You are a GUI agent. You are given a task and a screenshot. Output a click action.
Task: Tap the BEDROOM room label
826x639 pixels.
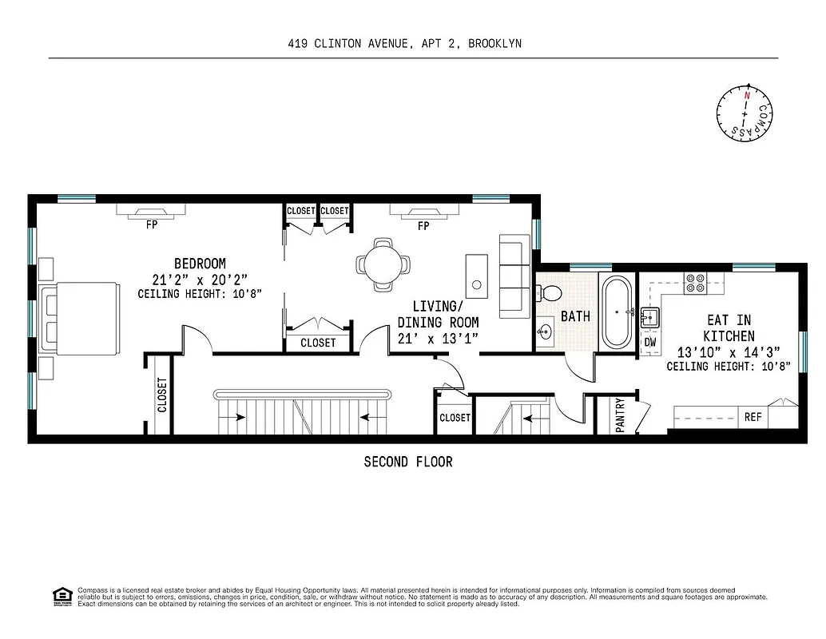[200, 264]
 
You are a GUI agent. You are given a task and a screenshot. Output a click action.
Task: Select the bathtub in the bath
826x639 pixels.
[616, 312]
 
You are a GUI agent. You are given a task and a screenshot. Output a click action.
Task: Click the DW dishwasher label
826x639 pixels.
[650, 342]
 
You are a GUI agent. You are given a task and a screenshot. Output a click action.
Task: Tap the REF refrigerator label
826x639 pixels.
[753, 417]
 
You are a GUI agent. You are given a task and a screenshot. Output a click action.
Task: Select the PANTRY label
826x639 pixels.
[620, 415]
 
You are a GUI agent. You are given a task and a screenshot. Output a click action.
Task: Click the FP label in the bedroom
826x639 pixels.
[151, 226]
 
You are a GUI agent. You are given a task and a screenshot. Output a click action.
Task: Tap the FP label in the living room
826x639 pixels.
[423, 226]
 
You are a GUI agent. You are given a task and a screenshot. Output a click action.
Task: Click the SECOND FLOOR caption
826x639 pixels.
[407, 462]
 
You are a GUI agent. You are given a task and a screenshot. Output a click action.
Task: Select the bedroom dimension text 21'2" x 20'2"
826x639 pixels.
[200, 280]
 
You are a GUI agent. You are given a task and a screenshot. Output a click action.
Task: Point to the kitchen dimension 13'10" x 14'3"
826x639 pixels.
[728, 352]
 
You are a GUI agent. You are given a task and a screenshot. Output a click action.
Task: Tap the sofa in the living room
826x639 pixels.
[514, 276]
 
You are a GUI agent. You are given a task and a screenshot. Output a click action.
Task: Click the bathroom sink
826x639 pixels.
[546, 331]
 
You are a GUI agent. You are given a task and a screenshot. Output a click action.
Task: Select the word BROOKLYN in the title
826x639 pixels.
[494, 44]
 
